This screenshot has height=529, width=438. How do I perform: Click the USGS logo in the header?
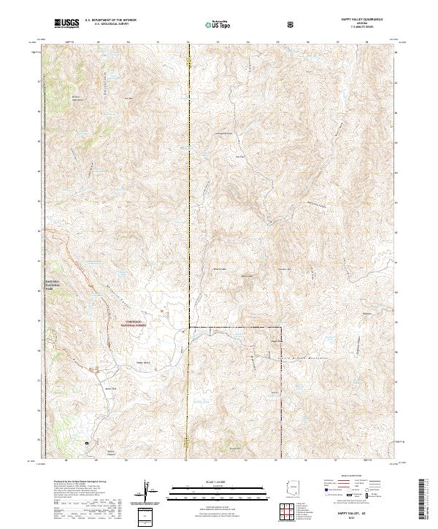[66, 24]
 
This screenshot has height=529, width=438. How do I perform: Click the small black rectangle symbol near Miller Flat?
[88, 442]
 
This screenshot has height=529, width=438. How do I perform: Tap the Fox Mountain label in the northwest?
[129, 98]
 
